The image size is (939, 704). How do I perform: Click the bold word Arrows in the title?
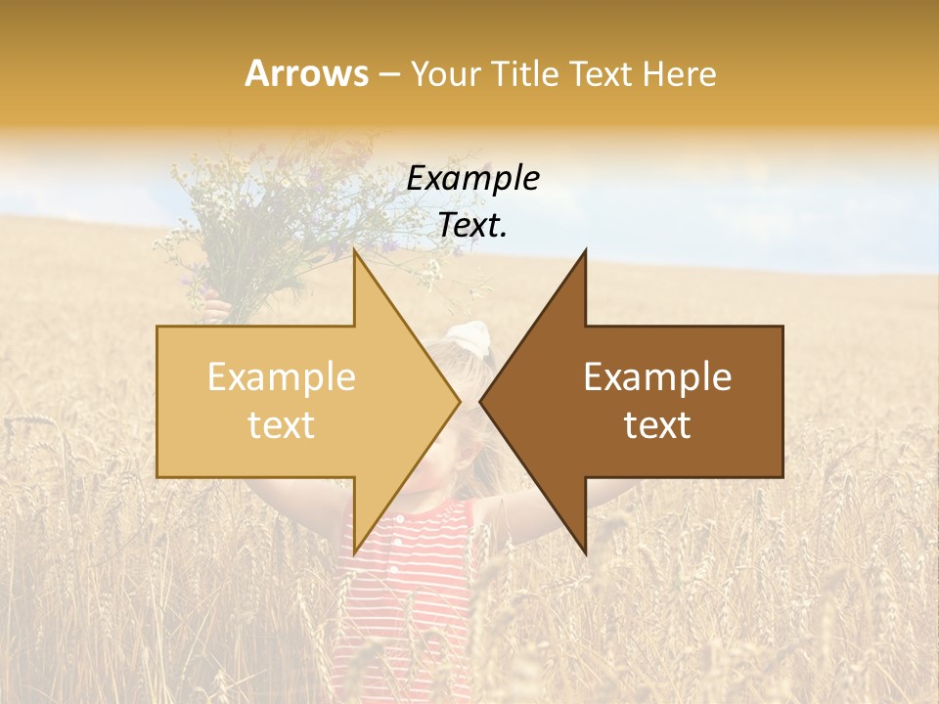[x=307, y=73]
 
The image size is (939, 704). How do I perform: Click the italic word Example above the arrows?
[x=473, y=179]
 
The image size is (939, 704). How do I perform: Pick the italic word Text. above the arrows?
[x=473, y=226]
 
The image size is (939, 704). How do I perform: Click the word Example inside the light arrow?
[x=282, y=377]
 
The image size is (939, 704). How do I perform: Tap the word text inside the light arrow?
[x=282, y=425]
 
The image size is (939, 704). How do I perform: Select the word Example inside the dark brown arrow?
[x=657, y=377]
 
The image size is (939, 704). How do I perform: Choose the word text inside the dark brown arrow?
[x=657, y=425]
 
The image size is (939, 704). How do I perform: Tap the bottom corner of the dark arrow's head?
[x=585, y=551]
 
